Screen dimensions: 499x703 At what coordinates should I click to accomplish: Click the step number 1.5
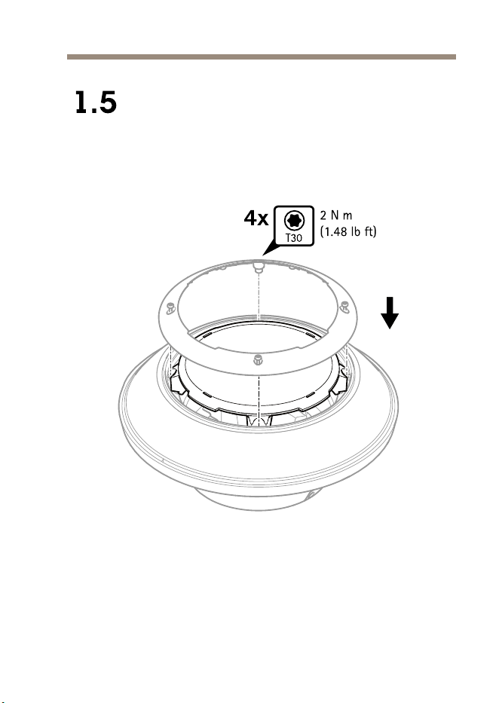point(96,102)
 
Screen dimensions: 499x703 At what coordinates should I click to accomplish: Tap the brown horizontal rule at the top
point(262,57)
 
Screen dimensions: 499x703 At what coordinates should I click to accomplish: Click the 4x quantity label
point(256,219)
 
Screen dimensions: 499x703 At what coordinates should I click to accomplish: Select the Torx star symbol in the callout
point(294,220)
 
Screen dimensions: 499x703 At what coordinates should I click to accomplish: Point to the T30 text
point(294,238)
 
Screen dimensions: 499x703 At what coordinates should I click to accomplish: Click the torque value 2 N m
point(336,215)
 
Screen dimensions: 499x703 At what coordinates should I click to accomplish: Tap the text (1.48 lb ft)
point(348,231)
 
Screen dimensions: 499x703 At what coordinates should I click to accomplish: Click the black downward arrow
point(390,313)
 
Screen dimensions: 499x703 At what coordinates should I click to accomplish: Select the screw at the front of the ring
point(258,359)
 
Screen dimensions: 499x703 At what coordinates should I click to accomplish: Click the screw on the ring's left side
point(170,307)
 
